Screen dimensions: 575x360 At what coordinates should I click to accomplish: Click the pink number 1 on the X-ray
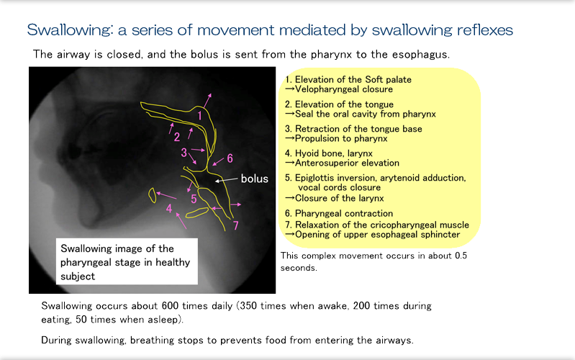[x=199, y=116]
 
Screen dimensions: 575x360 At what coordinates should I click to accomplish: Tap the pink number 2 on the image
[x=177, y=137]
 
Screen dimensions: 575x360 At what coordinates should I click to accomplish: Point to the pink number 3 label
[x=184, y=153]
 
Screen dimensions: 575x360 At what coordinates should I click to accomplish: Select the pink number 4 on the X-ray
[x=168, y=209]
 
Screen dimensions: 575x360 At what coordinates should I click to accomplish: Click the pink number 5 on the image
[x=194, y=199]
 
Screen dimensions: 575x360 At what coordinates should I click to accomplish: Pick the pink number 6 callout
[x=230, y=158]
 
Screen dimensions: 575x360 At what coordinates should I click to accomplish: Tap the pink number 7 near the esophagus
[x=235, y=225]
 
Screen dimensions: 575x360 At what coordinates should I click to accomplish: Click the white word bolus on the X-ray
[x=255, y=179]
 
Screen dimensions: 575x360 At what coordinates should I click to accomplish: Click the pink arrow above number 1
[x=207, y=100]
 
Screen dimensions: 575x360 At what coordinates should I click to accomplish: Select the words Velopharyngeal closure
[x=344, y=89]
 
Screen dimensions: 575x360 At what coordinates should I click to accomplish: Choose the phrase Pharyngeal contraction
[x=344, y=213]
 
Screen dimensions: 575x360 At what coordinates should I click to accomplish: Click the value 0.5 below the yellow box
[x=461, y=256]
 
